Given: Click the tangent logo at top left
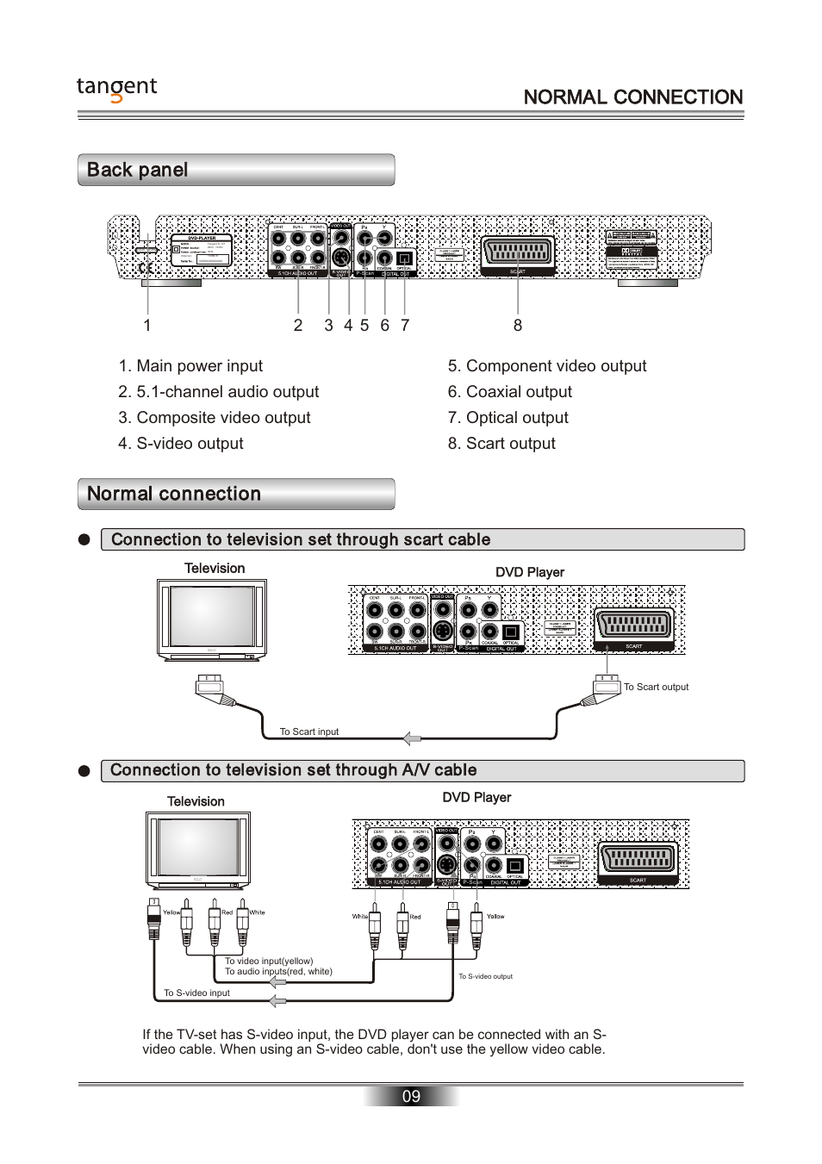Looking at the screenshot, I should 116,88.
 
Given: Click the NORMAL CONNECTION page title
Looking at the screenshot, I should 632,97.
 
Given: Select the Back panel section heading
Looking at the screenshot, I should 138,170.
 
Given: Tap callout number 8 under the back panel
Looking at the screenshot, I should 518,326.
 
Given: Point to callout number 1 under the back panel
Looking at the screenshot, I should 147,326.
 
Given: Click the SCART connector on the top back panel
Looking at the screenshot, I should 517,252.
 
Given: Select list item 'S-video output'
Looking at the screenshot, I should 181,444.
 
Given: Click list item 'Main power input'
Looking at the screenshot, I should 190,366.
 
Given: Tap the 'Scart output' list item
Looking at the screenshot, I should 501,444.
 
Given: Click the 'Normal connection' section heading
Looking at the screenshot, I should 174,494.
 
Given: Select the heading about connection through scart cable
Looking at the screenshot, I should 301,539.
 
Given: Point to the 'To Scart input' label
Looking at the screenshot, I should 308,731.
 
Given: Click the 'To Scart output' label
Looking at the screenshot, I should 656,687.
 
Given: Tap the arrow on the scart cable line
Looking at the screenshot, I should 413,738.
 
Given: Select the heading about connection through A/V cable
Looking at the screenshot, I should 294,770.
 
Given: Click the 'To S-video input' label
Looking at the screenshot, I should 196,993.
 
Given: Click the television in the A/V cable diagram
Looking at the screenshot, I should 198,848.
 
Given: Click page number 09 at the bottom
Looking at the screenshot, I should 411,1096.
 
